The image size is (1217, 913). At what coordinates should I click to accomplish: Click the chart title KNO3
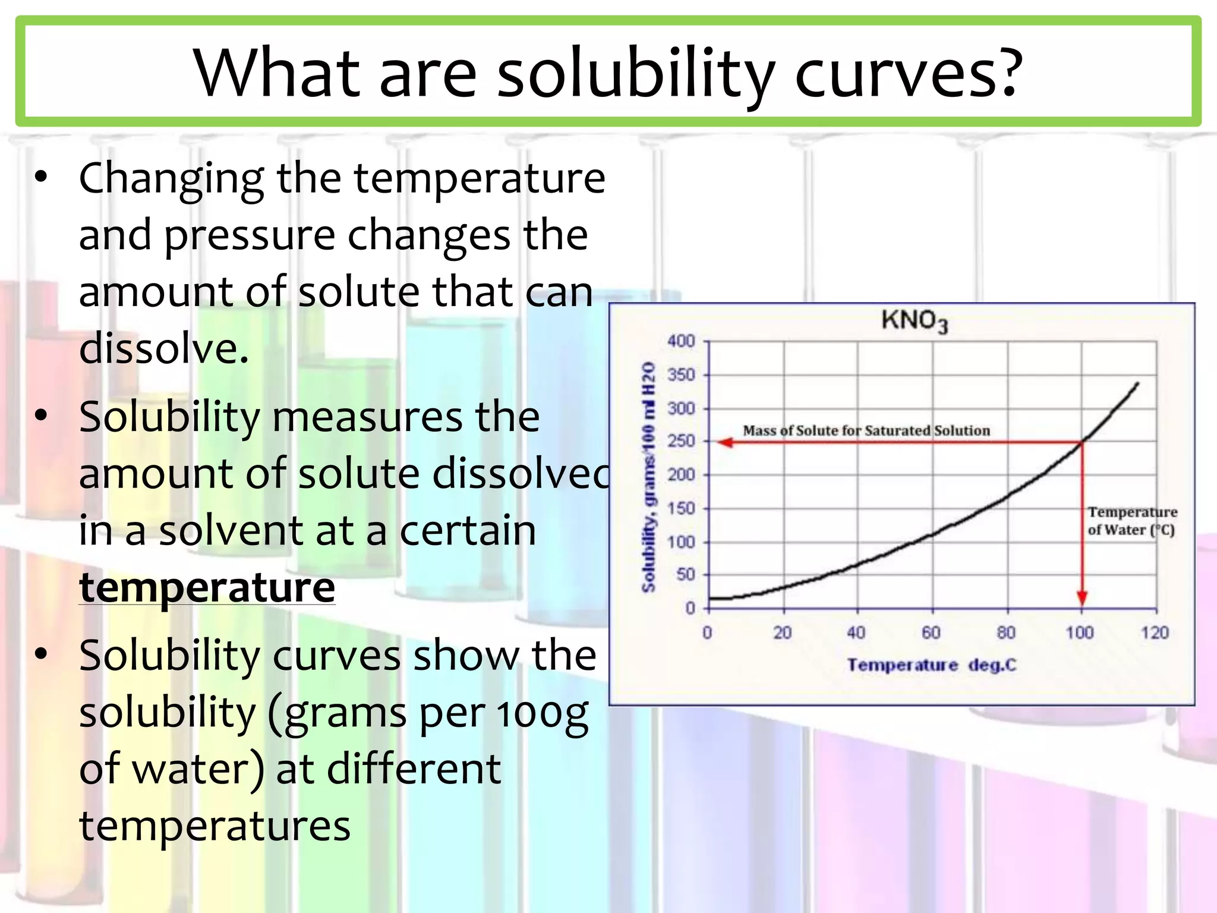(x=913, y=321)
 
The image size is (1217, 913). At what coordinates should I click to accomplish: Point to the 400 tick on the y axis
(x=681, y=341)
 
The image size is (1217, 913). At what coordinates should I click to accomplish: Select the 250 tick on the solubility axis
(x=681, y=441)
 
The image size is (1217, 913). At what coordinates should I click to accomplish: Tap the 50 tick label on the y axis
(x=685, y=575)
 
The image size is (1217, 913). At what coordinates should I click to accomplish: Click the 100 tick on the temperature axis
(x=1079, y=632)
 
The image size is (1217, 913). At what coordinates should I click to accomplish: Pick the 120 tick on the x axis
(x=1154, y=632)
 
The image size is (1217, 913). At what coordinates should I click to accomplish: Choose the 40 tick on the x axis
(x=856, y=632)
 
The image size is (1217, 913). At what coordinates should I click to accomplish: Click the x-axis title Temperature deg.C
(x=931, y=665)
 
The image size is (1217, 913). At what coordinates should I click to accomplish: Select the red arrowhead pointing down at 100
(x=1082, y=597)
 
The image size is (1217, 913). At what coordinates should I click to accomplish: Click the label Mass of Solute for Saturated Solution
(x=866, y=430)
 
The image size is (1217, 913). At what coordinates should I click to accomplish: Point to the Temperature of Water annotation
(x=1131, y=521)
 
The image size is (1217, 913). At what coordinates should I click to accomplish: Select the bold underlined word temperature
(x=207, y=587)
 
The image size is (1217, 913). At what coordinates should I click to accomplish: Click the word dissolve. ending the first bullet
(x=163, y=348)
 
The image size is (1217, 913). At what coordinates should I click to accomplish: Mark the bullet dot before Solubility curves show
(x=40, y=654)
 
